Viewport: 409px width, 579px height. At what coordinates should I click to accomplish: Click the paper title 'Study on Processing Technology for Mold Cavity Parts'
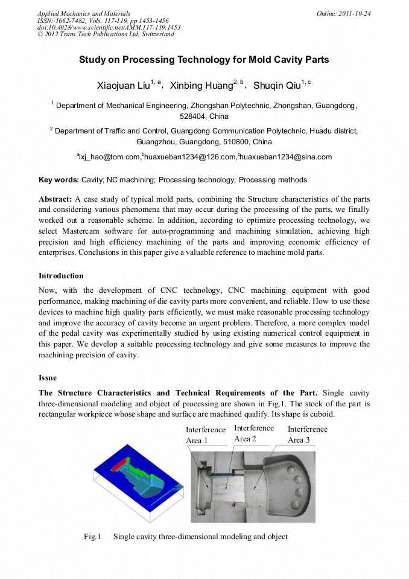click(x=204, y=60)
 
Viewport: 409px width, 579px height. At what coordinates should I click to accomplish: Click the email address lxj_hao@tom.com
click(x=109, y=157)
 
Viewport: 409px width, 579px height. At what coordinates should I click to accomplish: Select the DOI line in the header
click(x=109, y=27)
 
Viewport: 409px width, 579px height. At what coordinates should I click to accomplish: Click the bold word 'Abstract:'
click(x=55, y=199)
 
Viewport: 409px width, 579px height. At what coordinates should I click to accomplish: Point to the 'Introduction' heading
click(x=61, y=276)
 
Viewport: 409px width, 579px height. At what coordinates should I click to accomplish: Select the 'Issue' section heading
click(x=48, y=378)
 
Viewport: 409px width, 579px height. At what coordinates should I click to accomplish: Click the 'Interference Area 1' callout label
click(x=206, y=435)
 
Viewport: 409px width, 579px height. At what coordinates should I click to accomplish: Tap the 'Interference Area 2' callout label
click(x=253, y=433)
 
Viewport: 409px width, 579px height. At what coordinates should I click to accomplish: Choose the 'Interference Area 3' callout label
click(x=307, y=434)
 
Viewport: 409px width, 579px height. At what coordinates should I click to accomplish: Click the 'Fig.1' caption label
click(x=92, y=537)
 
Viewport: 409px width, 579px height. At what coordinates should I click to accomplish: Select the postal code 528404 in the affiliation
click(x=192, y=117)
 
